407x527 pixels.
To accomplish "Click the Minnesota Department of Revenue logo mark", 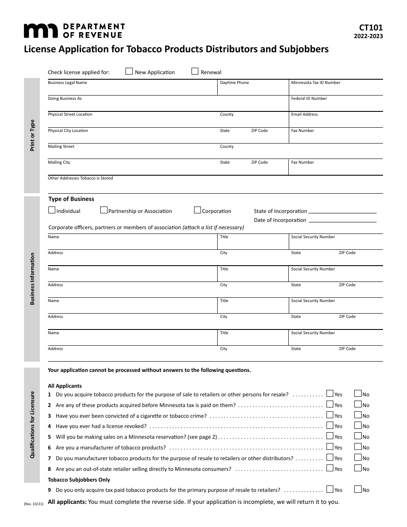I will click(x=40, y=31).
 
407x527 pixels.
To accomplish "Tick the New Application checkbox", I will click(x=129, y=72).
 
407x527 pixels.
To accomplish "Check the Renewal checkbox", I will click(x=195, y=72).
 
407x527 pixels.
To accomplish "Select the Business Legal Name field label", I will click(x=67, y=83).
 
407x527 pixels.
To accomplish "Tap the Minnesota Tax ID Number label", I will click(x=315, y=83).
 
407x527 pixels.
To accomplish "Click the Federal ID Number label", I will click(x=309, y=99).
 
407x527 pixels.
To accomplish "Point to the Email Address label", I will click(x=304, y=114).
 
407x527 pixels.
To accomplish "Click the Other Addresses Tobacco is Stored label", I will click(x=80, y=178).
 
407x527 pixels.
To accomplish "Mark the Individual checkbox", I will click(x=52, y=210).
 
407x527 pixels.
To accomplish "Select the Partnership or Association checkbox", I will click(x=104, y=210).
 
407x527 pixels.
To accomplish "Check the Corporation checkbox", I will click(x=198, y=210).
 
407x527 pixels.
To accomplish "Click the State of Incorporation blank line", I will click(x=342, y=212).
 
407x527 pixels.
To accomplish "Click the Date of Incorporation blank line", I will click(x=342, y=221).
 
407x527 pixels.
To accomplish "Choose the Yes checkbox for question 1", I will click(x=330, y=393).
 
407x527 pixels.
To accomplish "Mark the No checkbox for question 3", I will click(x=358, y=415).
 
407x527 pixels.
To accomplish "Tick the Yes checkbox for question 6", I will click(x=330, y=446).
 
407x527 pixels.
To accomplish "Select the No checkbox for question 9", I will click(x=358, y=489).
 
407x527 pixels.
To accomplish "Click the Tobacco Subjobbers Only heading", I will click(x=79, y=480).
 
